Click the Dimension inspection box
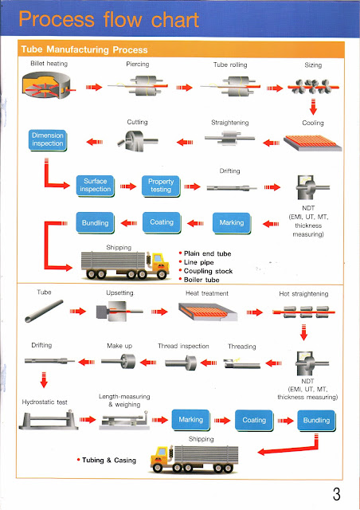tap(47, 140)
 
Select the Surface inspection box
tap(96, 186)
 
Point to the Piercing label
tap(138, 63)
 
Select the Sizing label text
tap(313, 63)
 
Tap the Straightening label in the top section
tap(232, 123)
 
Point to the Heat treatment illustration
tap(209, 312)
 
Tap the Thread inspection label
tap(185, 347)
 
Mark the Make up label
tap(119, 347)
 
